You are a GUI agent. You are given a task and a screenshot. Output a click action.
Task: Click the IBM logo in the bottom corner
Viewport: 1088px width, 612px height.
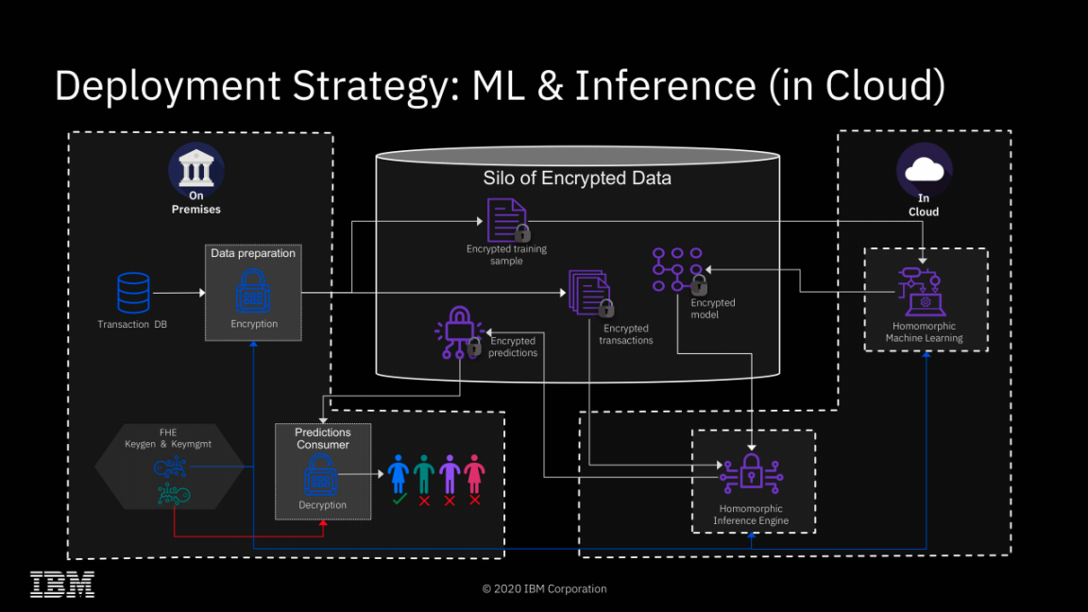[x=62, y=585]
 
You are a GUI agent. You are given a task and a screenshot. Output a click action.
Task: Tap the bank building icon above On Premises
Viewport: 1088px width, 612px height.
[x=195, y=170]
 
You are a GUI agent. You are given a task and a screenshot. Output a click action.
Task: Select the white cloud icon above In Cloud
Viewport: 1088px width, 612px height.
[x=924, y=170]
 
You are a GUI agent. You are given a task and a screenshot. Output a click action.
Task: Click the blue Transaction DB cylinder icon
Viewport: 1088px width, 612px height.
[x=133, y=293]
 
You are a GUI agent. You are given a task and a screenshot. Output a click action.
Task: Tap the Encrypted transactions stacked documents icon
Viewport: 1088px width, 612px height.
[x=590, y=293]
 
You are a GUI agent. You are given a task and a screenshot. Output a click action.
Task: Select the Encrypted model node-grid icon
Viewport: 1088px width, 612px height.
[x=678, y=271]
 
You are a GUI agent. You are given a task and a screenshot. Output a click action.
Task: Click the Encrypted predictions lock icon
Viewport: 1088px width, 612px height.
[x=459, y=331]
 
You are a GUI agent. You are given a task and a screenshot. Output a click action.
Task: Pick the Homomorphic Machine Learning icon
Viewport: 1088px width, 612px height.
[x=921, y=291]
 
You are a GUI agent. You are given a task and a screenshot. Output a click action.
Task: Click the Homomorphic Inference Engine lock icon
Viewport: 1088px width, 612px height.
[x=751, y=471]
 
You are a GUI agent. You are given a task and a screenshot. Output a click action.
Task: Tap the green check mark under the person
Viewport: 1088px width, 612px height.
[x=399, y=500]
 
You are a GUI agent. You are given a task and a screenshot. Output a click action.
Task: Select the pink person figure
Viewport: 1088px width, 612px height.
[x=474, y=474]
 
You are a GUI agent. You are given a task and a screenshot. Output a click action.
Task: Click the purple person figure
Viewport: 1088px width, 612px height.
[x=450, y=474]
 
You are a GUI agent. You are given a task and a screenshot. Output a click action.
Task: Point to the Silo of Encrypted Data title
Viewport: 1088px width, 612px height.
[x=577, y=178]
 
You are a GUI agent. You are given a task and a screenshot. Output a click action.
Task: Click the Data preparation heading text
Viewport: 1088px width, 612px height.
[x=253, y=253]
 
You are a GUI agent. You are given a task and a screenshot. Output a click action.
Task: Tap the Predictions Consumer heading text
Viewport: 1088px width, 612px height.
[x=323, y=438]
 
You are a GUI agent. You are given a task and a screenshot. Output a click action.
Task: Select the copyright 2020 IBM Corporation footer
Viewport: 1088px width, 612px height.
[x=544, y=588]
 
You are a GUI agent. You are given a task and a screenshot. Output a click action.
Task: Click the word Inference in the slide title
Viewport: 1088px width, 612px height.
[x=665, y=86]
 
